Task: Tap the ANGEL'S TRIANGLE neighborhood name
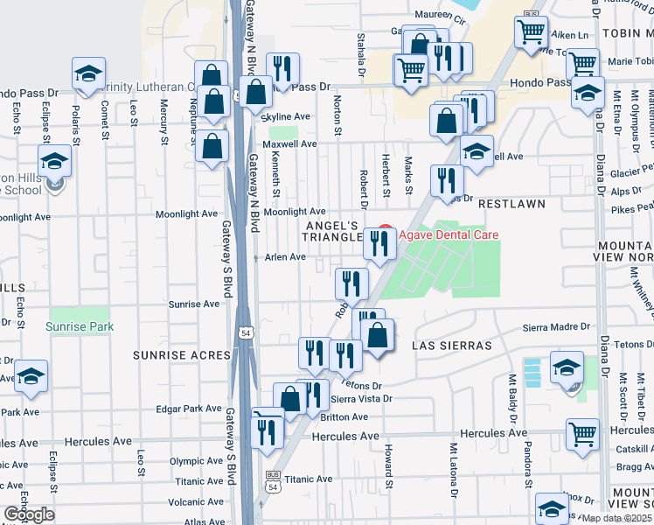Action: [332, 231]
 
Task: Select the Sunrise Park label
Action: [80, 326]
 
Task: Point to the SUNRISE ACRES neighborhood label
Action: [182, 355]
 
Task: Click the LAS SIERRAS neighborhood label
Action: [452, 346]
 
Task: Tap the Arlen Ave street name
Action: [285, 257]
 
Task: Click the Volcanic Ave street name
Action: [197, 502]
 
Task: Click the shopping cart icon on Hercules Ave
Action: [582, 433]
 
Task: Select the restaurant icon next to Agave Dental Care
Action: [379, 242]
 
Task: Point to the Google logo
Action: [29, 514]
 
